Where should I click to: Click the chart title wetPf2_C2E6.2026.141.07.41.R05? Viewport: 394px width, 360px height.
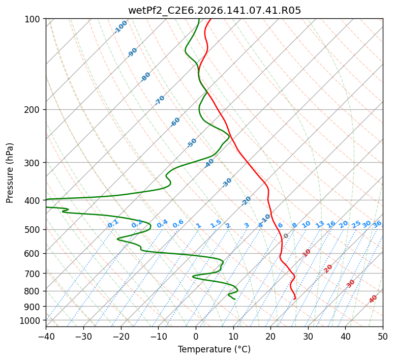[x=215, y=11]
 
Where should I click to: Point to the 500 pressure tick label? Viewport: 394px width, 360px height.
[x=33, y=230]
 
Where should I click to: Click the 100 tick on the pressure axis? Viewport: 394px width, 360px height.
[x=33, y=19]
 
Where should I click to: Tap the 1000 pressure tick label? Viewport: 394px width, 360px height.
[x=30, y=320]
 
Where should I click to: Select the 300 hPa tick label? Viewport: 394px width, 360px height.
[x=33, y=163]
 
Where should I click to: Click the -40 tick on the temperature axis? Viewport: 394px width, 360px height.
[x=46, y=337]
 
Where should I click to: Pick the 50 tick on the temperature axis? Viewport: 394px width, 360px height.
[x=383, y=337]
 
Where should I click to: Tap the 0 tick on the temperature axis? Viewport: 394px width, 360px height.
[x=196, y=337]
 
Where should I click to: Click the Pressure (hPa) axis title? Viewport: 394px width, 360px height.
[x=10, y=173]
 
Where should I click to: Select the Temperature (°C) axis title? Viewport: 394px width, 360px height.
[x=215, y=349]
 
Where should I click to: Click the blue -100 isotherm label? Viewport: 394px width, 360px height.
[x=120, y=27]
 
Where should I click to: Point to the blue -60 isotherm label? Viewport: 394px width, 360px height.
[x=175, y=122]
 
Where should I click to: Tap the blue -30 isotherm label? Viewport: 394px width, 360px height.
[x=227, y=183]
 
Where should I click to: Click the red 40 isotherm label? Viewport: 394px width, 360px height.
[x=373, y=299]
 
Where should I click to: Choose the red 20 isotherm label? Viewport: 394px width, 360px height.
[x=328, y=269]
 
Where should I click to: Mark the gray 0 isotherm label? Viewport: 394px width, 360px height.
[x=286, y=236]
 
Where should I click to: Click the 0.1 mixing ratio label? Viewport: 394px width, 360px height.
[x=113, y=224]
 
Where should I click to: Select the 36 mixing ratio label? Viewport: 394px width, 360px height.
[x=377, y=224]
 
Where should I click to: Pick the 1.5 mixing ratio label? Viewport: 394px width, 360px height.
[x=216, y=224]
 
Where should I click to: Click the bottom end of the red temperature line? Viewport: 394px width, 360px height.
[x=294, y=299]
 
